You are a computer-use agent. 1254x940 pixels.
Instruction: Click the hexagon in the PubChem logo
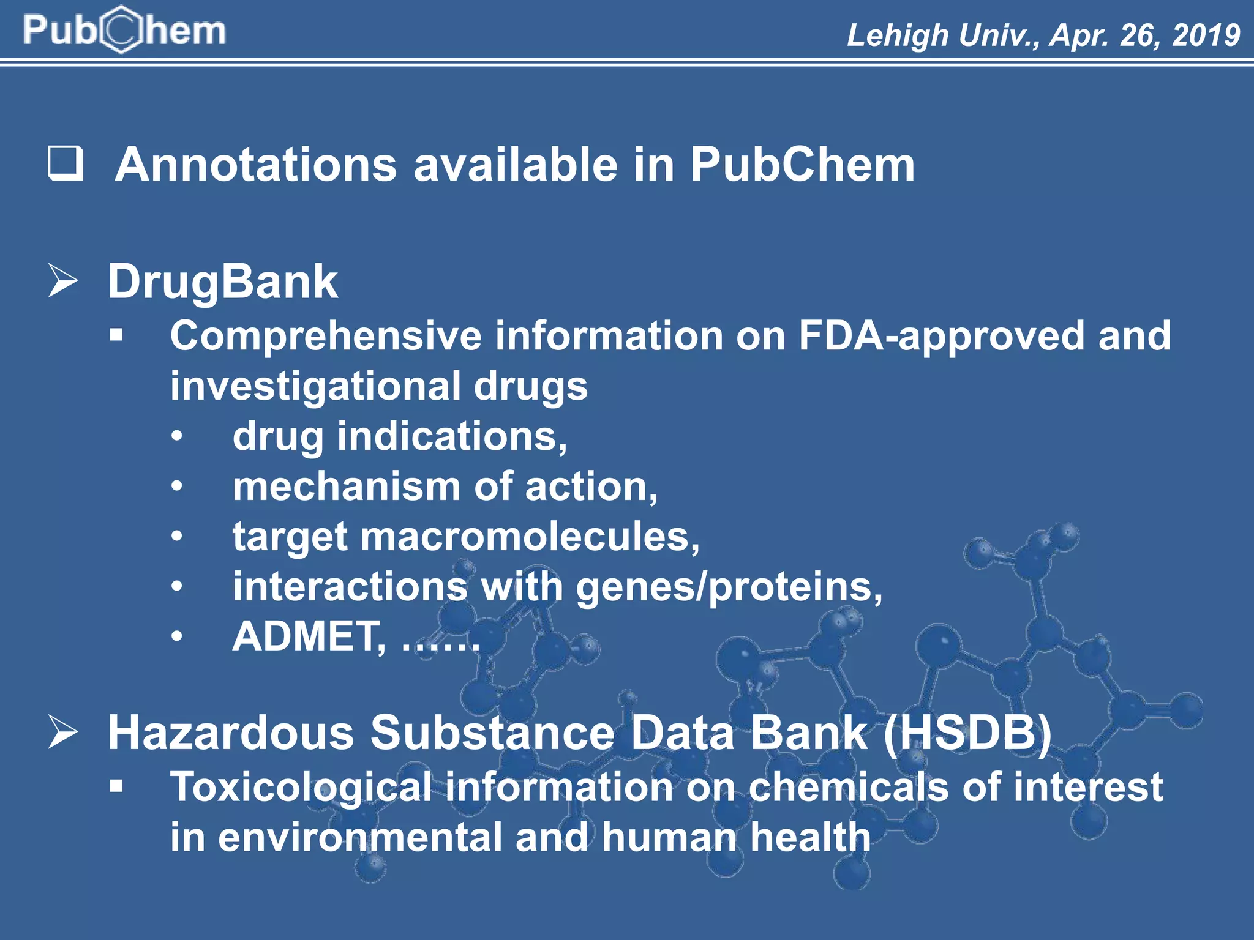coord(122,29)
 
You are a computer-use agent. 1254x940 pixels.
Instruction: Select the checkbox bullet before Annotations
coord(66,163)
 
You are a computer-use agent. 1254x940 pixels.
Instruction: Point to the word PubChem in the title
coord(802,165)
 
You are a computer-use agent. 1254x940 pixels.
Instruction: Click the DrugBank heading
coord(222,282)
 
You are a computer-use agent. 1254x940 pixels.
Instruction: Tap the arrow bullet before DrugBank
coord(63,281)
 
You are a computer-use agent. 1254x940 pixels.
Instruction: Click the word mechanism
coord(347,487)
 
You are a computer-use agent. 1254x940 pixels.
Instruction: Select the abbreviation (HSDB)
coord(967,733)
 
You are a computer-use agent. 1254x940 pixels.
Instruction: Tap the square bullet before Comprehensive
coord(116,335)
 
